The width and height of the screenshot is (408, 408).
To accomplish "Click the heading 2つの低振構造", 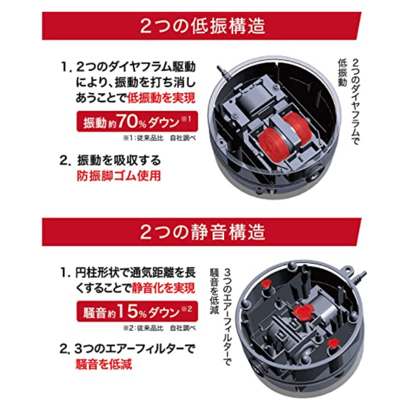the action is [x=202, y=26].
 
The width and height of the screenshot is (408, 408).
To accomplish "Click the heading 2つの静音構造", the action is [x=202, y=232].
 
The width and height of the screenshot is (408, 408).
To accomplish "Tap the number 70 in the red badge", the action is [x=127, y=121].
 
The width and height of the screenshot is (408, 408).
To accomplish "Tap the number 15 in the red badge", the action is [x=127, y=311].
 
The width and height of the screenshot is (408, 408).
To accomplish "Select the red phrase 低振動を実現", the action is [x=161, y=98].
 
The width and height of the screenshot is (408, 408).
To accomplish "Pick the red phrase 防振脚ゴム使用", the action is [x=119, y=176].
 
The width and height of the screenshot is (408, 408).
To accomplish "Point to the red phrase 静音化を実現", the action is [x=163, y=288].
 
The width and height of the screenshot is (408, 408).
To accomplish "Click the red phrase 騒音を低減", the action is [x=104, y=364].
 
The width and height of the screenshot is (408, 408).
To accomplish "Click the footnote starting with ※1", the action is [x=159, y=138].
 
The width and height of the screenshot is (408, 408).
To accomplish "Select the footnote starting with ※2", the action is [x=159, y=328].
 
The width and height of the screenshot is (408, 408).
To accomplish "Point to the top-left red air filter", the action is [x=266, y=284].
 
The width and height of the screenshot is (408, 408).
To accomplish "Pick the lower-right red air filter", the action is [x=333, y=343].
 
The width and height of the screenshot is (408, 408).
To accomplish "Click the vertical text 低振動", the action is [x=342, y=72].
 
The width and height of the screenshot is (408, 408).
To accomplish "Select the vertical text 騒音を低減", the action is [x=214, y=291].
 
